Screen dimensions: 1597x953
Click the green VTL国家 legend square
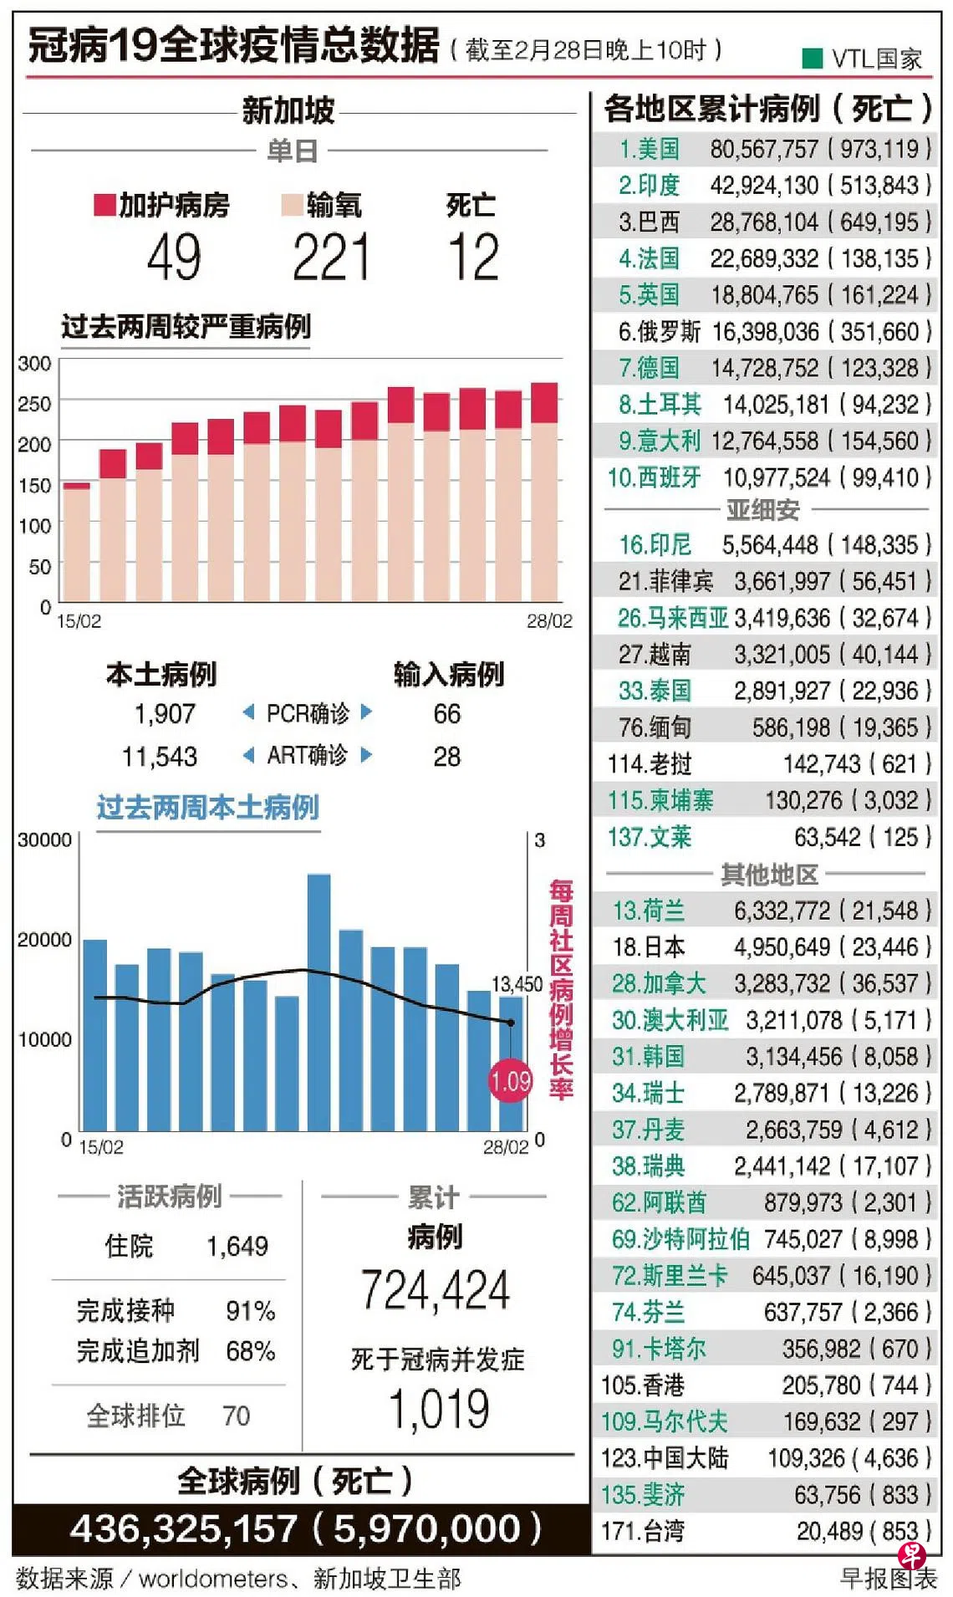point(812,58)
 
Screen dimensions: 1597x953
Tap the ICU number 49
point(175,258)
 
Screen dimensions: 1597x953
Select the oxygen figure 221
point(331,258)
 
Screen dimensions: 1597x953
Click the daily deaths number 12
point(473,258)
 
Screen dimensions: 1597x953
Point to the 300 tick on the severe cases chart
point(34,364)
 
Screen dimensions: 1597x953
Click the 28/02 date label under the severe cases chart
point(549,621)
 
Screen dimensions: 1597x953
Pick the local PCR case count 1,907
point(165,714)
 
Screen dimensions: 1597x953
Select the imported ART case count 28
point(446,757)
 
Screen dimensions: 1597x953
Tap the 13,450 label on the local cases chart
point(517,984)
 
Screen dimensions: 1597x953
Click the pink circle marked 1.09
point(510,1081)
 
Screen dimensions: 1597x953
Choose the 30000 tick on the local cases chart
point(44,840)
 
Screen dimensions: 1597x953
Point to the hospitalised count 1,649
point(237,1247)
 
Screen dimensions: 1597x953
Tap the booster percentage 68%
point(250,1351)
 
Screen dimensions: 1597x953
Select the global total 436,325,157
point(183,1529)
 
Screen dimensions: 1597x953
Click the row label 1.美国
point(649,150)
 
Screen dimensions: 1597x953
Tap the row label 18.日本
point(648,947)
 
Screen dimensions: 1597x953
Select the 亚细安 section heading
point(762,509)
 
